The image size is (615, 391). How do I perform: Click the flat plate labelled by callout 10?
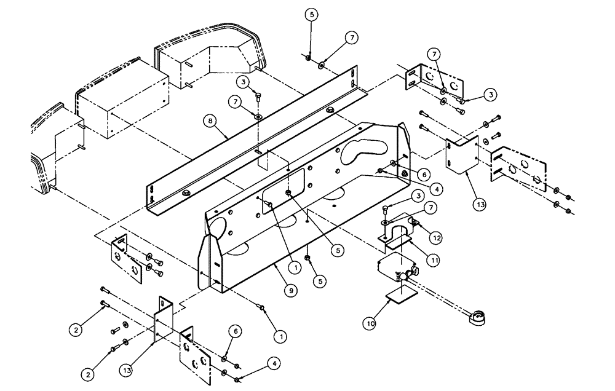pos(400,297)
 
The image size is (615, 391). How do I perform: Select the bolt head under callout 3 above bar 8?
pos(258,97)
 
